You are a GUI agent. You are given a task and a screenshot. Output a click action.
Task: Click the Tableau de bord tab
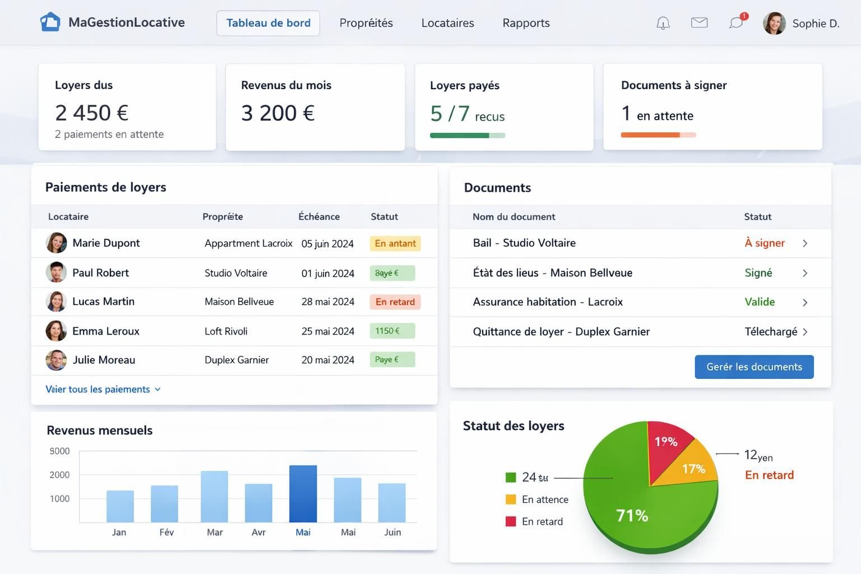[268, 23]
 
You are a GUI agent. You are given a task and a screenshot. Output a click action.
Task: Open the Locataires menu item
[447, 23]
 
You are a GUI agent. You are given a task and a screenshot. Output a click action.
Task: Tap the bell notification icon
[663, 23]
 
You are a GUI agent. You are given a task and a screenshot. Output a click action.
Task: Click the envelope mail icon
[699, 22]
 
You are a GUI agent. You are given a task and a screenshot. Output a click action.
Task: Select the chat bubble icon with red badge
[736, 22]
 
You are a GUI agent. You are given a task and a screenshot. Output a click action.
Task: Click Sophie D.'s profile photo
[774, 24]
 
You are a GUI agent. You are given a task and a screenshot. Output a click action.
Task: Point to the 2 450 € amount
[92, 113]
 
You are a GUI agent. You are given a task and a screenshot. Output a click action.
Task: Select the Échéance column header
[318, 216]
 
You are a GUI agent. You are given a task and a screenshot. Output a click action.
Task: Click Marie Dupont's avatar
[56, 243]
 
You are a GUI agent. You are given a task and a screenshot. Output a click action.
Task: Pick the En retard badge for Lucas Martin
[395, 302]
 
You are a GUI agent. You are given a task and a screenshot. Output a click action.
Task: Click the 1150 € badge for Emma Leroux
[392, 331]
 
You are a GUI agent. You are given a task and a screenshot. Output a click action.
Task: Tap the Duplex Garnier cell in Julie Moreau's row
[237, 360]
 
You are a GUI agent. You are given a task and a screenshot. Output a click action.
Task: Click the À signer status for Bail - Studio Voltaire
[764, 243]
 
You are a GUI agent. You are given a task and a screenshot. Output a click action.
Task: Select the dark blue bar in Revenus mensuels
[303, 493]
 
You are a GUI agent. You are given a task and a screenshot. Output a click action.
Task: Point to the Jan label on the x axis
[119, 532]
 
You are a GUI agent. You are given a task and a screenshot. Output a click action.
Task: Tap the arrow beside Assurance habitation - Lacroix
[805, 303]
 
